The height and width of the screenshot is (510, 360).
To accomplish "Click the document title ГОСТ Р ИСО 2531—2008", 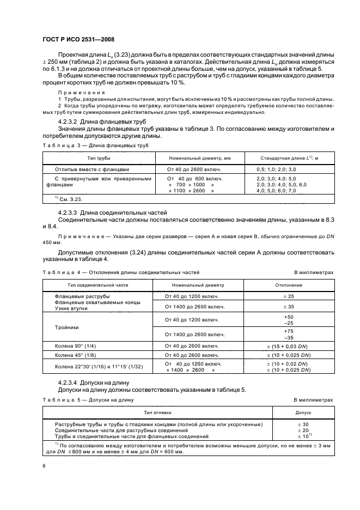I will [77, 40].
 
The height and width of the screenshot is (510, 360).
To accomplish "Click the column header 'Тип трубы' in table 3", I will [99, 157].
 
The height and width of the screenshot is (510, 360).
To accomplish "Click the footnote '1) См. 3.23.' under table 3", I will [60, 200].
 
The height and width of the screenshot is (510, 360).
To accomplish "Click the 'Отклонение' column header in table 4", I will [288, 284].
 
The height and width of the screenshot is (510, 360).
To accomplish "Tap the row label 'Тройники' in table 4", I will [66, 327].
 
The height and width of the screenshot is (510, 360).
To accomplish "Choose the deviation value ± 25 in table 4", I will [289, 296].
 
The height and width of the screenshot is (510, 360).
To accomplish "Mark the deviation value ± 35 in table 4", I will [289, 307].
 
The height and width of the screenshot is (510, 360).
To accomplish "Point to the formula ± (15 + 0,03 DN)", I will [289, 346].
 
